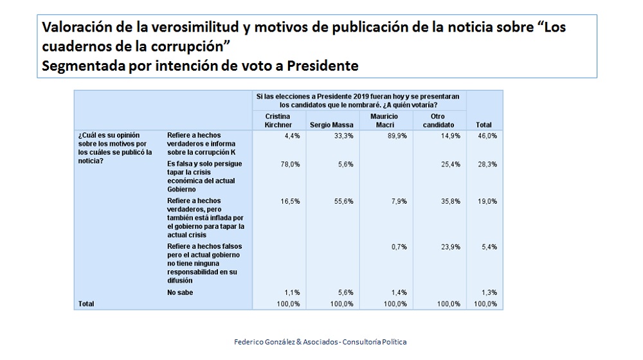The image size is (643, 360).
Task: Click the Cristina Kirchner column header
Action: (278, 120)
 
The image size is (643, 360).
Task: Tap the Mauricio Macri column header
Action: (385, 120)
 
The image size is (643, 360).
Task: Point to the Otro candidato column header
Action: (439, 120)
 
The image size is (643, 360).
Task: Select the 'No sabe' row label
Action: (180, 292)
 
